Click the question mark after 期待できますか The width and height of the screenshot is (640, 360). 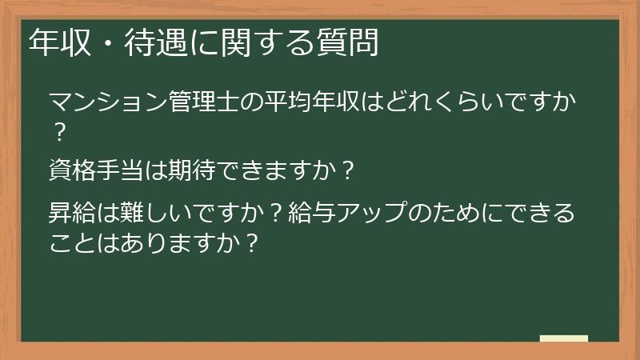click(x=346, y=170)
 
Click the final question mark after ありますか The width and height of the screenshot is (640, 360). click(x=252, y=241)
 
